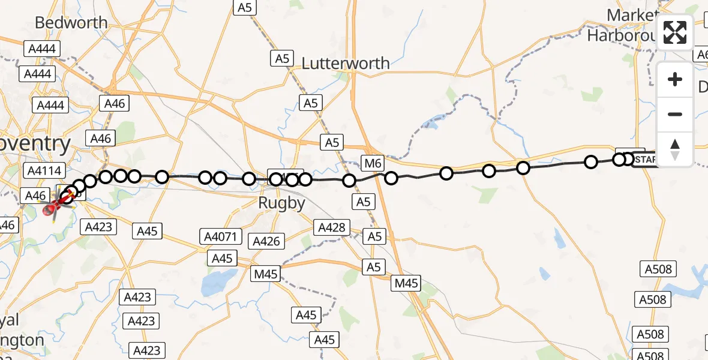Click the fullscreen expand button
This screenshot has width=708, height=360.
click(x=675, y=32)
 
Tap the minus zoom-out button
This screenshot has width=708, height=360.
click(x=675, y=114)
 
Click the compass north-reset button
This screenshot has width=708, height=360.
click(x=675, y=149)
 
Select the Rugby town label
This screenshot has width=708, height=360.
click(x=281, y=203)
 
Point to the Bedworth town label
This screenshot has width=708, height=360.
click(x=71, y=23)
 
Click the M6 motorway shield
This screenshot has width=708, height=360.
click(x=372, y=162)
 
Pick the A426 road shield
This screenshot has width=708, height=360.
click(x=266, y=241)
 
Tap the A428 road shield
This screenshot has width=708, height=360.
click(x=331, y=227)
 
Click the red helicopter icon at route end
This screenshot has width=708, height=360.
click(x=53, y=206)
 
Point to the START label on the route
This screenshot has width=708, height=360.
click(x=646, y=160)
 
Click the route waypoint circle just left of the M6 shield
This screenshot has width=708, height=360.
click(x=349, y=181)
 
